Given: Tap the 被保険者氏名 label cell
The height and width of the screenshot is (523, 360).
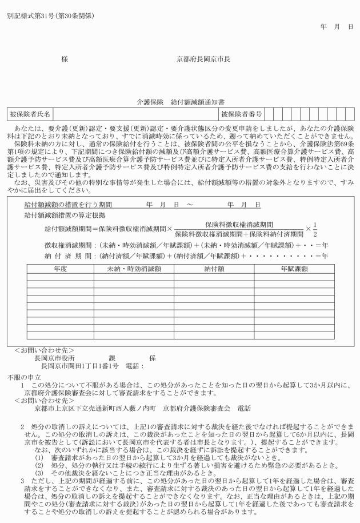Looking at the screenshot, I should point(30,115).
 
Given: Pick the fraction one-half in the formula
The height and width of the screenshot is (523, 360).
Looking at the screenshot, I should point(314,229).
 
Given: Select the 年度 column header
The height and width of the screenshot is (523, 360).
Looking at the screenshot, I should point(61,268).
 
